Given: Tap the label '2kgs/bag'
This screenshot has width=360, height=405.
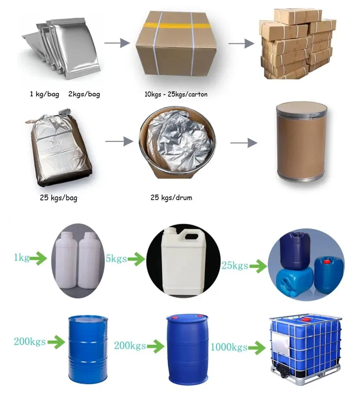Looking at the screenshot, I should click(84, 94).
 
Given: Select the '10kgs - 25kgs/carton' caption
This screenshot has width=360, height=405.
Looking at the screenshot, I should click(174, 95).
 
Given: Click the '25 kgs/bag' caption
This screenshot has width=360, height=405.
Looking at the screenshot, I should click(58, 198).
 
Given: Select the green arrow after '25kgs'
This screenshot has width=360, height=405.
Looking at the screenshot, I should click(258, 266).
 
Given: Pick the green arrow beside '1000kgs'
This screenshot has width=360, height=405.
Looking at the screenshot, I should click(257, 347).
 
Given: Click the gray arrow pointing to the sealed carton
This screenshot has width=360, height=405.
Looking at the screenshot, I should click(114, 43).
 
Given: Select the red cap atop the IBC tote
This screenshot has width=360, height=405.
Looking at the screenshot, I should click(306, 319).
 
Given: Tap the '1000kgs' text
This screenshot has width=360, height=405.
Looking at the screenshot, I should click(229, 347).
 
